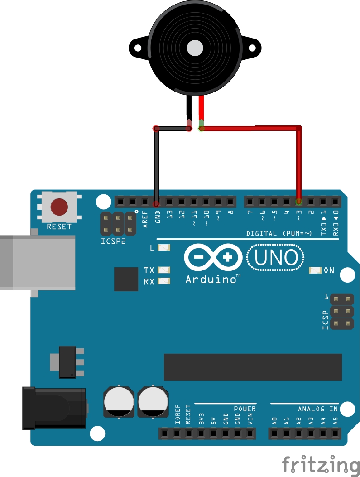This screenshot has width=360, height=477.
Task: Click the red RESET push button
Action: point(59,207)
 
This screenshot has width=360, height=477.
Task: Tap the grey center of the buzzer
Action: point(195,47)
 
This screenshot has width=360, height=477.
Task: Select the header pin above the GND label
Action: point(157,201)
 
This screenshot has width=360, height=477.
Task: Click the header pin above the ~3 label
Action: point(298,201)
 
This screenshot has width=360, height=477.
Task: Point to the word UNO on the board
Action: point(276,258)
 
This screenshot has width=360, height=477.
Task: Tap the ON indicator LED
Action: point(315,270)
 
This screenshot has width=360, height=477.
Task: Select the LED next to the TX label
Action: point(164,270)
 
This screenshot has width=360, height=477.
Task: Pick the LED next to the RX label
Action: point(164,281)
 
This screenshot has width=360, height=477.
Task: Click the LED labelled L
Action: point(164,248)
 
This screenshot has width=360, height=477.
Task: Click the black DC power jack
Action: point(54,408)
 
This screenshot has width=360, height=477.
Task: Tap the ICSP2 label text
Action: point(113,241)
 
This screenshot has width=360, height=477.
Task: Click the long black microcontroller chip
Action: point(253,367)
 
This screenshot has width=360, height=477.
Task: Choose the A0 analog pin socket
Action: point(274,434)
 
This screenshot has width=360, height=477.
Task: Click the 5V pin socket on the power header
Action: point(213,434)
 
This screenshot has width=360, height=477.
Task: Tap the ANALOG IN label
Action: point(317,409)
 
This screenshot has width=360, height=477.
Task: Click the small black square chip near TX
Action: point(126,279)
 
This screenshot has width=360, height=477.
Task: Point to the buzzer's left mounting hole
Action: point(137,47)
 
